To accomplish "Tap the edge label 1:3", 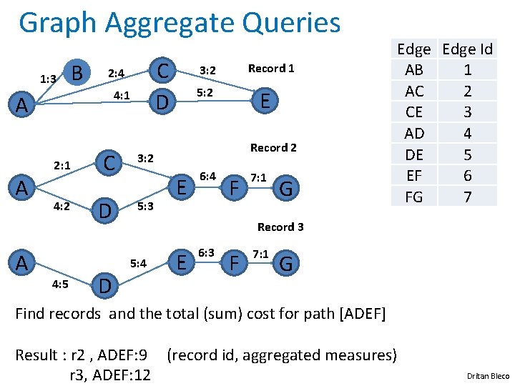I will [x=49, y=79].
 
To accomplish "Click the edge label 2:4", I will [x=116, y=73].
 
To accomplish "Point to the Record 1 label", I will [x=270, y=69].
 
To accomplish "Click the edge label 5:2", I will [x=205, y=93].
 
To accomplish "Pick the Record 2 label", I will [x=273, y=147].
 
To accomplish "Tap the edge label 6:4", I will [x=208, y=176].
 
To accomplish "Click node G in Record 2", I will [x=286, y=189].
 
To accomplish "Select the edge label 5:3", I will [x=144, y=207].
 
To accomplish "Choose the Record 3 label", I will [x=280, y=227].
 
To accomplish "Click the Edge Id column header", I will [x=468, y=49].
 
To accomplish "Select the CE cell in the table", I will [x=414, y=112].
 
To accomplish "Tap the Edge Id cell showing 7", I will [x=468, y=197].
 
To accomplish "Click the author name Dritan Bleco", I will [x=488, y=376].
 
